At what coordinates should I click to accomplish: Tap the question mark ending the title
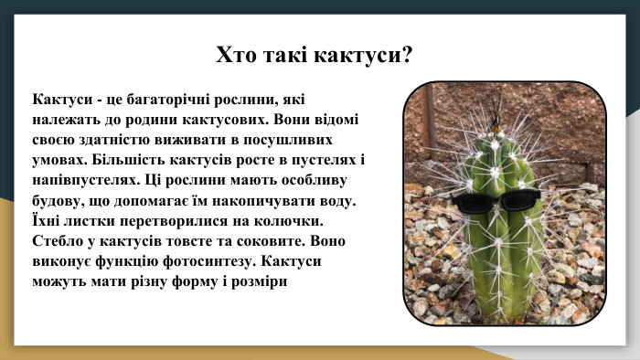(x=407, y=55)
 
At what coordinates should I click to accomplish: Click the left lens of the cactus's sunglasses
(x=475, y=203)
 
